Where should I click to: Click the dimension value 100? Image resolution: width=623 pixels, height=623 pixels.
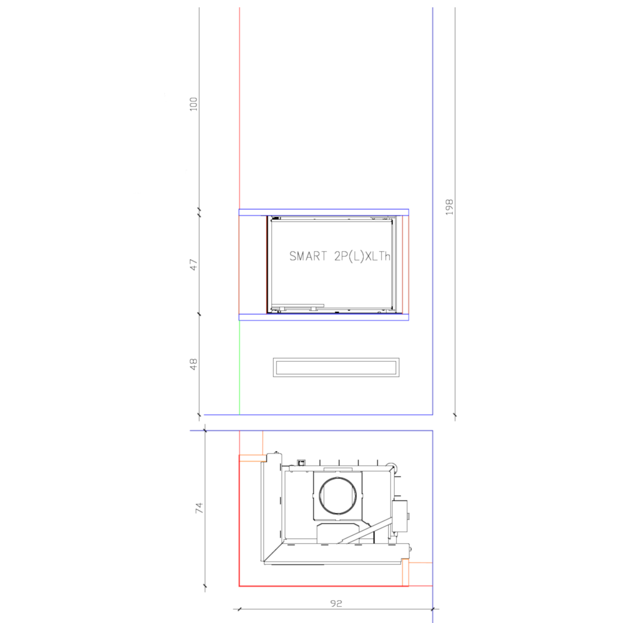pyautogui.click(x=193, y=104)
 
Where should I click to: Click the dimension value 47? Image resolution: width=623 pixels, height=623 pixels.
pyautogui.click(x=193, y=265)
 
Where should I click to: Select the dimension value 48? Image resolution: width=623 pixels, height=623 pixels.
pyautogui.click(x=193, y=364)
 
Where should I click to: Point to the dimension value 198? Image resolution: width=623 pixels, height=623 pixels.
pyautogui.click(x=450, y=207)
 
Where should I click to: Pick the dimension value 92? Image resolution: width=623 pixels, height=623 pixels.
pyautogui.click(x=336, y=603)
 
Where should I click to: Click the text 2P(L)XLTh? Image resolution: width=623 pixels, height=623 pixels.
pyautogui.click(x=362, y=256)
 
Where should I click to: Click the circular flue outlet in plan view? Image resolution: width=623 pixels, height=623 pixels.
pyautogui.click(x=337, y=495)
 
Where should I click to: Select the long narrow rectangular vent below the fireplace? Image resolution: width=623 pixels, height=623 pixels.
pyautogui.click(x=336, y=367)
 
